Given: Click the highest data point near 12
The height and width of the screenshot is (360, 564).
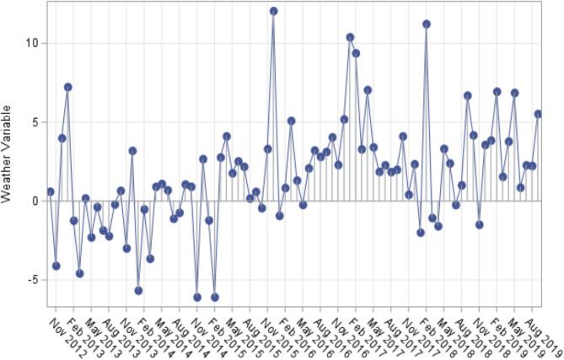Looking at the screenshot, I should [x=274, y=11].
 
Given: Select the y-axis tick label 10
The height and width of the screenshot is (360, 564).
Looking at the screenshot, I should [x=31, y=43].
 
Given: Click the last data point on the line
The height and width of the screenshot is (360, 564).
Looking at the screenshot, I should [x=538, y=114].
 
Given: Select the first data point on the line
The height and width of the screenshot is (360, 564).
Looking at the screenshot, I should [x=51, y=191].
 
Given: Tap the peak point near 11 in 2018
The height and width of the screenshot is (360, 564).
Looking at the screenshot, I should [x=427, y=24].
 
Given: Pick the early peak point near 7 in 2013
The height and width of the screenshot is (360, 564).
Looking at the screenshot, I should [x=68, y=87].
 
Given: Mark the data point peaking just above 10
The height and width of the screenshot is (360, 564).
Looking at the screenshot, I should [x=350, y=37].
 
